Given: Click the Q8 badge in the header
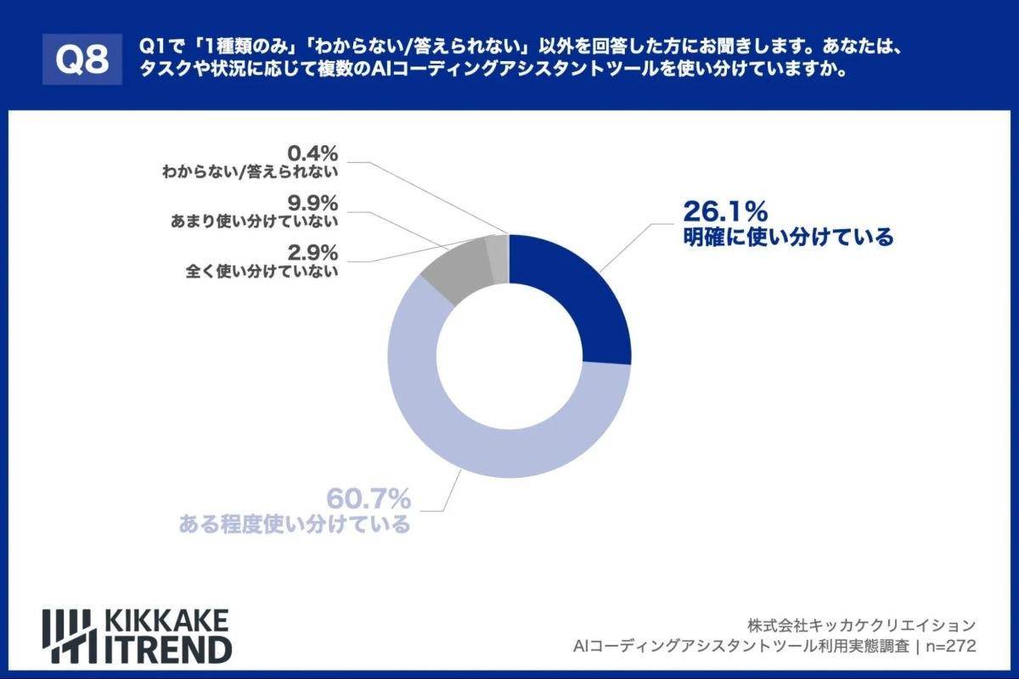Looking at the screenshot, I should (82, 59).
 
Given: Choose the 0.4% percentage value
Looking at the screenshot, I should (313, 154).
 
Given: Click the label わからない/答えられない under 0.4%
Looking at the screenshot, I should (251, 172).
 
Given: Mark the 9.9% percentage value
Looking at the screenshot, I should (313, 204).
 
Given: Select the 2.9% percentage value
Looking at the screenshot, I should (313, 253).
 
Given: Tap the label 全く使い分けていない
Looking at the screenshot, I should (262, 272).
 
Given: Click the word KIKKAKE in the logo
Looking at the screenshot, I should (166, 620).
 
